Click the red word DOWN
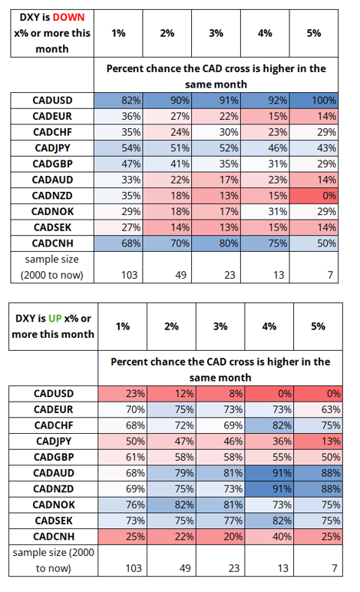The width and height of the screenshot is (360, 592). click(68, 18)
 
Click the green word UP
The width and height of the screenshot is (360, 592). click(54, 319)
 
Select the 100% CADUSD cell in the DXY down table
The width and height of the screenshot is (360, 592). click(314, 101)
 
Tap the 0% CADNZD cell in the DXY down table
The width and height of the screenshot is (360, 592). click(314, 196)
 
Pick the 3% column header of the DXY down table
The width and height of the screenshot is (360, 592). click(216, 33)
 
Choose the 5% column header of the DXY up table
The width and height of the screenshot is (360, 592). click(318, 326)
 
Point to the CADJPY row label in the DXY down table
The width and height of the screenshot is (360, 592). click(52, 148)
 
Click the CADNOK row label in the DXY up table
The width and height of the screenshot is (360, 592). click(54, 504)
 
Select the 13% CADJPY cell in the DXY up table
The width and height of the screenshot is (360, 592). click(318, 442)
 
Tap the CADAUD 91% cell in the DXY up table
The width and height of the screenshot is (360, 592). click(269, 473)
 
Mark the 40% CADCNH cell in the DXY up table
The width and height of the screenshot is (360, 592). click(269, 537)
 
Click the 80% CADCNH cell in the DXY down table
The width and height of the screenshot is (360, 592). click(216, 243)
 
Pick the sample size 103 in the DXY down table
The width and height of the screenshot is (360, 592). click(130, 275)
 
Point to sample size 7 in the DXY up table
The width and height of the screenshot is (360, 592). click(335, 568)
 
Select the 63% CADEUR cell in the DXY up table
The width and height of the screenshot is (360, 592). click(318, 410)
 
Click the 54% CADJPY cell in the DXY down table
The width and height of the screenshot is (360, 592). click(118, 148)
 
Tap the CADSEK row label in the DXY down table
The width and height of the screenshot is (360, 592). click(52, 227)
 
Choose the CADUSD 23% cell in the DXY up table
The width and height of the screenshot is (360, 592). click(123, 394)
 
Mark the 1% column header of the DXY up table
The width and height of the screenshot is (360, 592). click(123, 326)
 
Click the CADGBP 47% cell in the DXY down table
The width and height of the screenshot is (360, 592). click(118, 164)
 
